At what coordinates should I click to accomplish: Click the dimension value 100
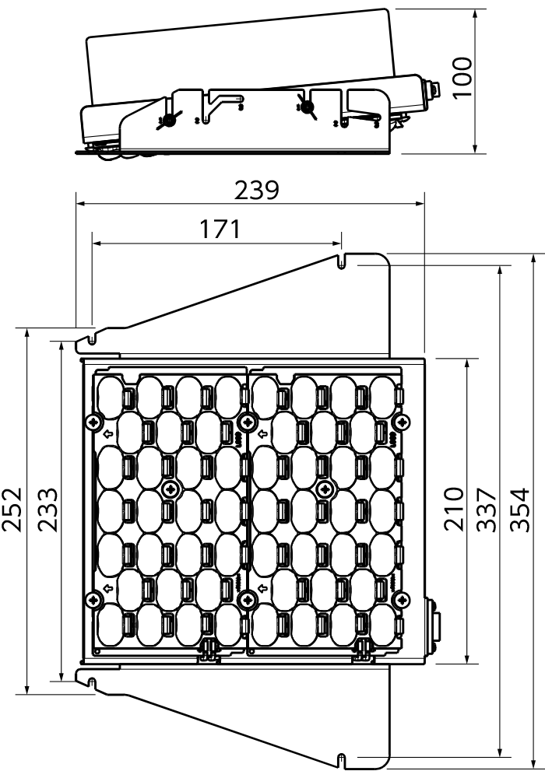coord(462,79)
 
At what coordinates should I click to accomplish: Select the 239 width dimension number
coord(257,190)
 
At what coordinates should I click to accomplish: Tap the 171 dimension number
coord(220,229)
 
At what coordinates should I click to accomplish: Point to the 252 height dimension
coord(12,510)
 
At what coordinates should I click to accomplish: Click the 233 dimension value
coord(48,510)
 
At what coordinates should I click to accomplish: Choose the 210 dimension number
coord(454,509)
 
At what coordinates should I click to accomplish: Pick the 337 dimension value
coord(487,510)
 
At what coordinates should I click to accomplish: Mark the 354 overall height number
coord(521,510)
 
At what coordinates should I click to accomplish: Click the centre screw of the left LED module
coord(171,489)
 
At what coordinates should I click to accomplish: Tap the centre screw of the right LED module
coord(325,489)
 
